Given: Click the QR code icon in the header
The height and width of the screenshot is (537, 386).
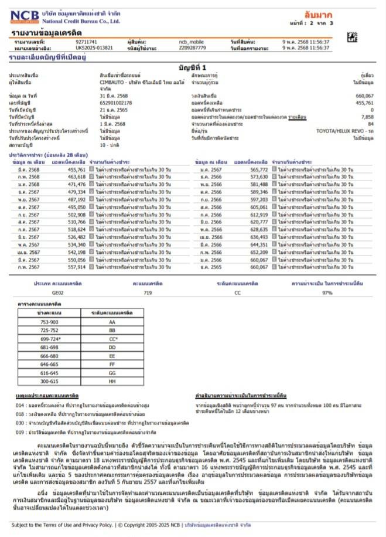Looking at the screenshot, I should [x=351, y=37].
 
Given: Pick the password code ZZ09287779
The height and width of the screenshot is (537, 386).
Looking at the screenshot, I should [x=193, y=48].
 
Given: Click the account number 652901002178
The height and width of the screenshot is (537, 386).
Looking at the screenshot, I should [x=116, y=103].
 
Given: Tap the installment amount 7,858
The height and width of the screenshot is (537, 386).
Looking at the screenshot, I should [x=367, y=117].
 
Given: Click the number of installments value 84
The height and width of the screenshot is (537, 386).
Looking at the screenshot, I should [x=370, y=124].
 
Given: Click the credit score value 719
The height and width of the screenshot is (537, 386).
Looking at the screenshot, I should [x=148, y=292].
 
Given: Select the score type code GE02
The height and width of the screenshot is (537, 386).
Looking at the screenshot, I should [x=57, y=292].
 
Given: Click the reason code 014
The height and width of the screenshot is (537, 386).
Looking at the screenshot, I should [x=20, y=405].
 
